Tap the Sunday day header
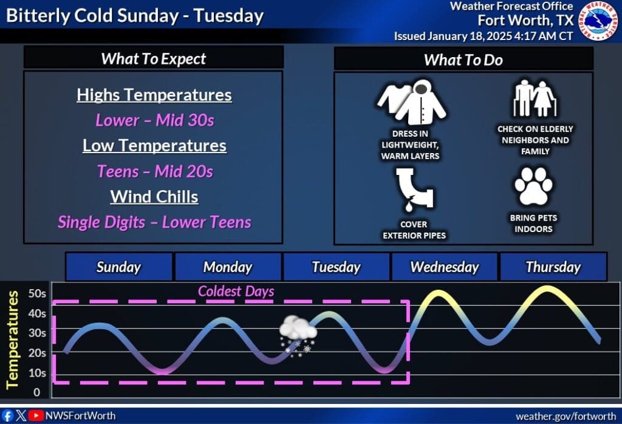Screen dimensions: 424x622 [x=119, y=267]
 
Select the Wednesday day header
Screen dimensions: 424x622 [x=445, y=267]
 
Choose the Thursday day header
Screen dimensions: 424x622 [x=553, y=267]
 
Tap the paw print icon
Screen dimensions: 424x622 [x=533, y=186]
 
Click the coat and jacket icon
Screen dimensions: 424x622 [x=412, y=103]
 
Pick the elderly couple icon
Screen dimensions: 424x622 [x=534, y=98]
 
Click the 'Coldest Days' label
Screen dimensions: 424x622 [x=236, y=292]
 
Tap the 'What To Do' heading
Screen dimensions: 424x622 [x=463, y=60]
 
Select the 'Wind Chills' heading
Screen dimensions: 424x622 [x=154, y=197]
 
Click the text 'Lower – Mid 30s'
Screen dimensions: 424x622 [x=154, y=120]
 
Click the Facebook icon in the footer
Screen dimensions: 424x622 [x=8, y=415]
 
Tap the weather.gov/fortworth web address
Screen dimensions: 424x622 [x=566, y=416]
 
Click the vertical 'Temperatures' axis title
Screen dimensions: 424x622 [x=13, y=338]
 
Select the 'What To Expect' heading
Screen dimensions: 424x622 [x=154, y=58]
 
